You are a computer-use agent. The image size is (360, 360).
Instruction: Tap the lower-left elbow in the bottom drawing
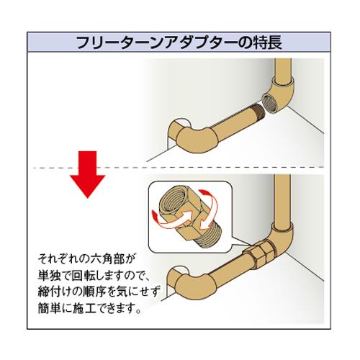[x=184, y=284]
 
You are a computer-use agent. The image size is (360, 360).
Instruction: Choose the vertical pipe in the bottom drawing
[x=282, y=200]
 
